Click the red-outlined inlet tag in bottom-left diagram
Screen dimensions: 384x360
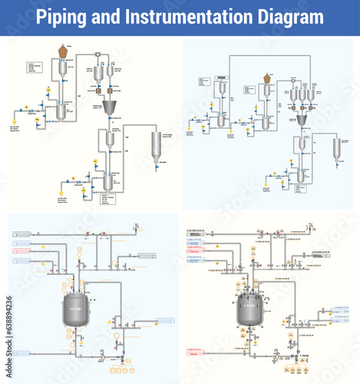click(x=20, y=250)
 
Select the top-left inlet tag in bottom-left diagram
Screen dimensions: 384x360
click(x=20, y=233)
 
